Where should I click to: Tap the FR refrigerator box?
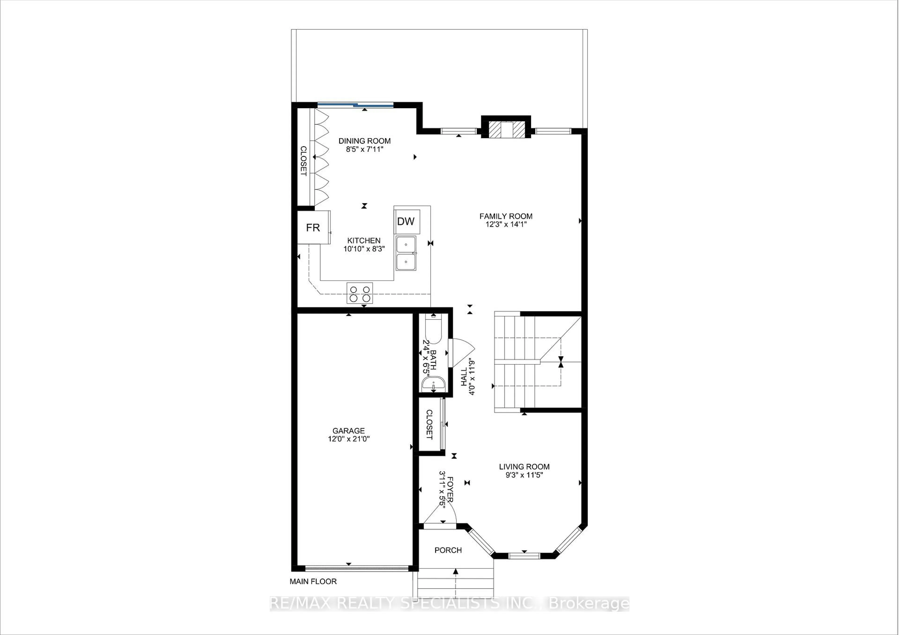pos(313,227)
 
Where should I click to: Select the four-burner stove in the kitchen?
pos(359,293)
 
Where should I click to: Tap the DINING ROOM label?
pos(365,141)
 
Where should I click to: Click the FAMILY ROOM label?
pos(506,216)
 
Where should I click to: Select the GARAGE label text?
pos(349,431)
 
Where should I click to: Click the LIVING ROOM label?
pos(524,467)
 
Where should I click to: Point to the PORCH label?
pos(448,550)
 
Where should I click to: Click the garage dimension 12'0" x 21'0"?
pos(349,439)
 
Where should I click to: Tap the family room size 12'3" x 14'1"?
pos(506,224)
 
